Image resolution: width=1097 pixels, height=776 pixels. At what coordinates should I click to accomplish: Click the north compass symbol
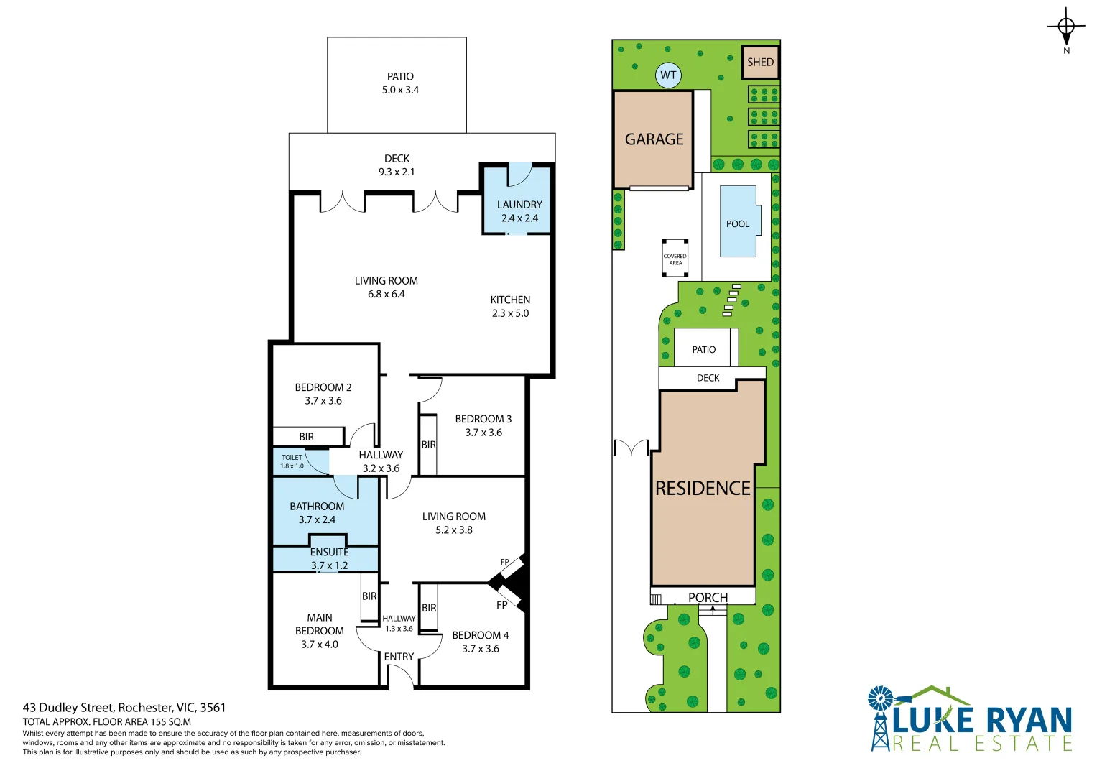[1066, 27]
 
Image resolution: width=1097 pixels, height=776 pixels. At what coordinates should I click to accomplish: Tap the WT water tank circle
[668, 75]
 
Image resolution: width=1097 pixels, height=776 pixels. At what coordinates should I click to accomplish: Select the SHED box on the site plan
[760, 63]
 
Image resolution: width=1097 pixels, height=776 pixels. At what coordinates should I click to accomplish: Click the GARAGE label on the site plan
[654, 139]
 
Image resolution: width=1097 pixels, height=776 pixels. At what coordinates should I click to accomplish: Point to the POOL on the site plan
[738, 223]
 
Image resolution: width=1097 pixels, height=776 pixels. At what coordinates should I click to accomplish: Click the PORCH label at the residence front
[708, 597]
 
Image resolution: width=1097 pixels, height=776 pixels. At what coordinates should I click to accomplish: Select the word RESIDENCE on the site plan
[703, 489]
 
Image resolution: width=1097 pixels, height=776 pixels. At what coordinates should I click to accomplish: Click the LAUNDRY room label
[519, 205]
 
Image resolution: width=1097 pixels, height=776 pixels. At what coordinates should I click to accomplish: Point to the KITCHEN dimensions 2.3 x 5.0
[510, 313]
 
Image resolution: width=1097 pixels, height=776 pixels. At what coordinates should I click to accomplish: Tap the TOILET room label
[292, 457]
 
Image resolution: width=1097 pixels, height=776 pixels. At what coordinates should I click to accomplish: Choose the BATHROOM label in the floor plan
[317, 507]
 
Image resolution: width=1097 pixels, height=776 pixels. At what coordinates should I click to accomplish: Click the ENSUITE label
[329, 552]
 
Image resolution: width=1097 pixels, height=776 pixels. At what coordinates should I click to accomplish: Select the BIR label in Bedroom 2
[307, 437]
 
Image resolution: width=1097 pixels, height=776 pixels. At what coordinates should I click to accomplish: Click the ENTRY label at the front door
[399, 657]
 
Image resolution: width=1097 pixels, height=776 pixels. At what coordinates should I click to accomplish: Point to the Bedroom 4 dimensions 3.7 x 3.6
[480, 649]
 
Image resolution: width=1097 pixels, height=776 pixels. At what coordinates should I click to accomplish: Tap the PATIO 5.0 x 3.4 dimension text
[400, 90]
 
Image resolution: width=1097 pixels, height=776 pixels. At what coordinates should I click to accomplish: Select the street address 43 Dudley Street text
[124, 708]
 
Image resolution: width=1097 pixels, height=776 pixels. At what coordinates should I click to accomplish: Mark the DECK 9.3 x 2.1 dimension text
[397, 172]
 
